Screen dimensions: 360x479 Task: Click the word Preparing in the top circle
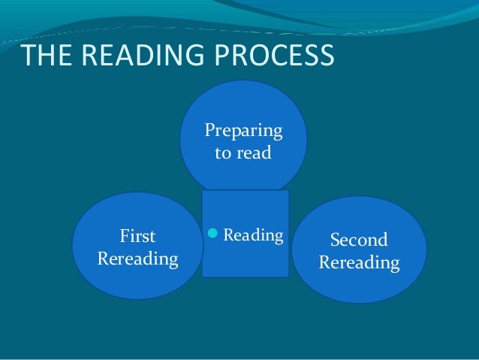[x=244, y=132]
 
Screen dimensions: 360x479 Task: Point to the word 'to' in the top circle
[x=223, y=156]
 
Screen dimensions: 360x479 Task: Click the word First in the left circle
[x=138, y=237]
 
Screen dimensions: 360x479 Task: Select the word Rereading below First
[x=138, y=260]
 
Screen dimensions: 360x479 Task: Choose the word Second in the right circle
[x=359, y=241]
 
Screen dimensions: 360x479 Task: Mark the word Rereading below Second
[x=359, y=264]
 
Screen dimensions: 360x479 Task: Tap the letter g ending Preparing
[x=277, y=135]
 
